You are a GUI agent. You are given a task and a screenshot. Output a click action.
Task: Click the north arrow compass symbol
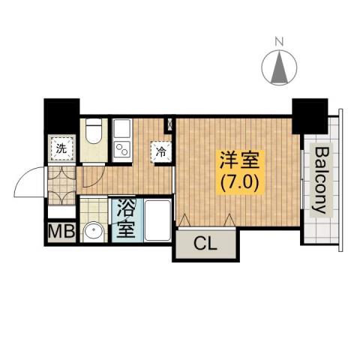278,68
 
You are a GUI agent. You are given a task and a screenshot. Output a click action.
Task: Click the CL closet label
205,243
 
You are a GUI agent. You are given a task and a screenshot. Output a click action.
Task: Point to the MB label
61,232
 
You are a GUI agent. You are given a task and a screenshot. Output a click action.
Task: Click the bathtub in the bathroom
158,220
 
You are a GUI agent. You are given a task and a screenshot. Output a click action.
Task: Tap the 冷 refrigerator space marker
161,152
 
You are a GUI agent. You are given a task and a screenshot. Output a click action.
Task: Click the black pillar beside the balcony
310,115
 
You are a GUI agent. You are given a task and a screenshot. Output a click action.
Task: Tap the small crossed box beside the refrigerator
170,126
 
